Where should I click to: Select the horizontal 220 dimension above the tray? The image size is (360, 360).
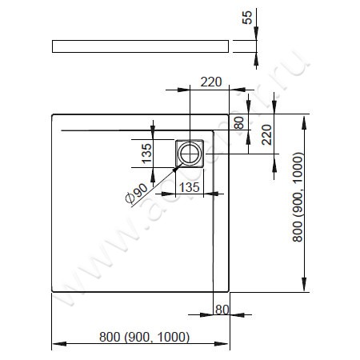coord(210,81)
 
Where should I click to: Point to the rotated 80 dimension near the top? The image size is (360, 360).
coord(238,122)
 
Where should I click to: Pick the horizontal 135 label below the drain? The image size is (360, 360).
coord(190,186)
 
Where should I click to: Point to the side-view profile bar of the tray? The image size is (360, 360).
coord(141,46)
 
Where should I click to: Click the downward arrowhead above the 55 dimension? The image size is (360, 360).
coord(257,34)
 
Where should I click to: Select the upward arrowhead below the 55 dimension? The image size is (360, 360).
coord(257,58)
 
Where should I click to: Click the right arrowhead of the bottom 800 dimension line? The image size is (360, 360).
coord(226,345)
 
